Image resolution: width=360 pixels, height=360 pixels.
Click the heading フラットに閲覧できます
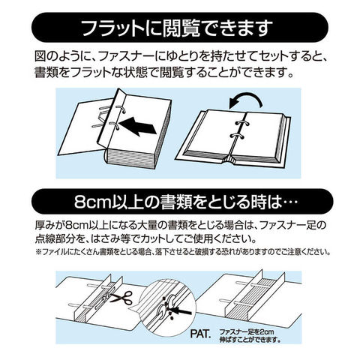pos(177,28)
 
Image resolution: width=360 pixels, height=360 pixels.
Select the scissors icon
pos(121,297)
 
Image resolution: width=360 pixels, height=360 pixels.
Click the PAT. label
pos(200,334)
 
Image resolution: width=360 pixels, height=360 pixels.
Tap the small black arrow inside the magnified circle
pos(182,311)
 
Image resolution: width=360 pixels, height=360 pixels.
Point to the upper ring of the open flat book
pos(239,123)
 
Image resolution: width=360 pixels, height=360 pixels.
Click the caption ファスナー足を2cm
pos(247,332)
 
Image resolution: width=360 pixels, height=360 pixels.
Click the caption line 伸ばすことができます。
pos(250,340)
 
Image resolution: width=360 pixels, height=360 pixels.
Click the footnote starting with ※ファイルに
pos(183,251)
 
